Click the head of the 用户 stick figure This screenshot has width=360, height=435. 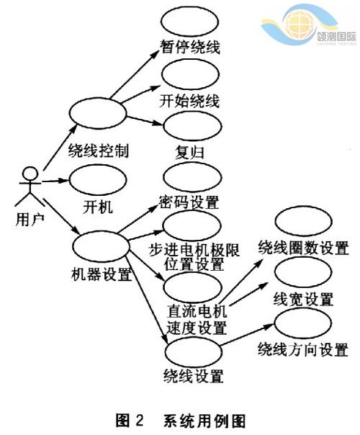point(30,174)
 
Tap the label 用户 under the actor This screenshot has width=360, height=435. point(30,220)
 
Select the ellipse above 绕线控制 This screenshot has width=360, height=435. point(98,113)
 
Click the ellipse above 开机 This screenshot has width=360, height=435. point(98,180)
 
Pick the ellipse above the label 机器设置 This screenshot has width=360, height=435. point(101,246)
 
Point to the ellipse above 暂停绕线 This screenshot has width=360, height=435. point(189,22)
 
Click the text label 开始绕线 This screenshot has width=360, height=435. point(189,101)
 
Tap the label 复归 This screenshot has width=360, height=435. point(189,153)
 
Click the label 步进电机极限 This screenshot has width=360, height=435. point(194,250)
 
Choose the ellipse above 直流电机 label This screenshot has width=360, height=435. point(193,287)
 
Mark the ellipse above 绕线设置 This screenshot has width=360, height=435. point(194,351)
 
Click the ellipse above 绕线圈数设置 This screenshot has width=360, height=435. point(303,221)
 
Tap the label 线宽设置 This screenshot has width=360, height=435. point(303,299)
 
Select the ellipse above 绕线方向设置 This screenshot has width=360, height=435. point(303,323)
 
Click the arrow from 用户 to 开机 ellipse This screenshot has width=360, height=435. point(55,181)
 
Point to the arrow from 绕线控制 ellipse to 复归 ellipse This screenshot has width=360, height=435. point(144,121)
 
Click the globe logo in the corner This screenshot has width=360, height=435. point(300,24)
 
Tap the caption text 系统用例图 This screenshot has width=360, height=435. point(204,421)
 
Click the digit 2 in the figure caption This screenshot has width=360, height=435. point(140,421)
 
